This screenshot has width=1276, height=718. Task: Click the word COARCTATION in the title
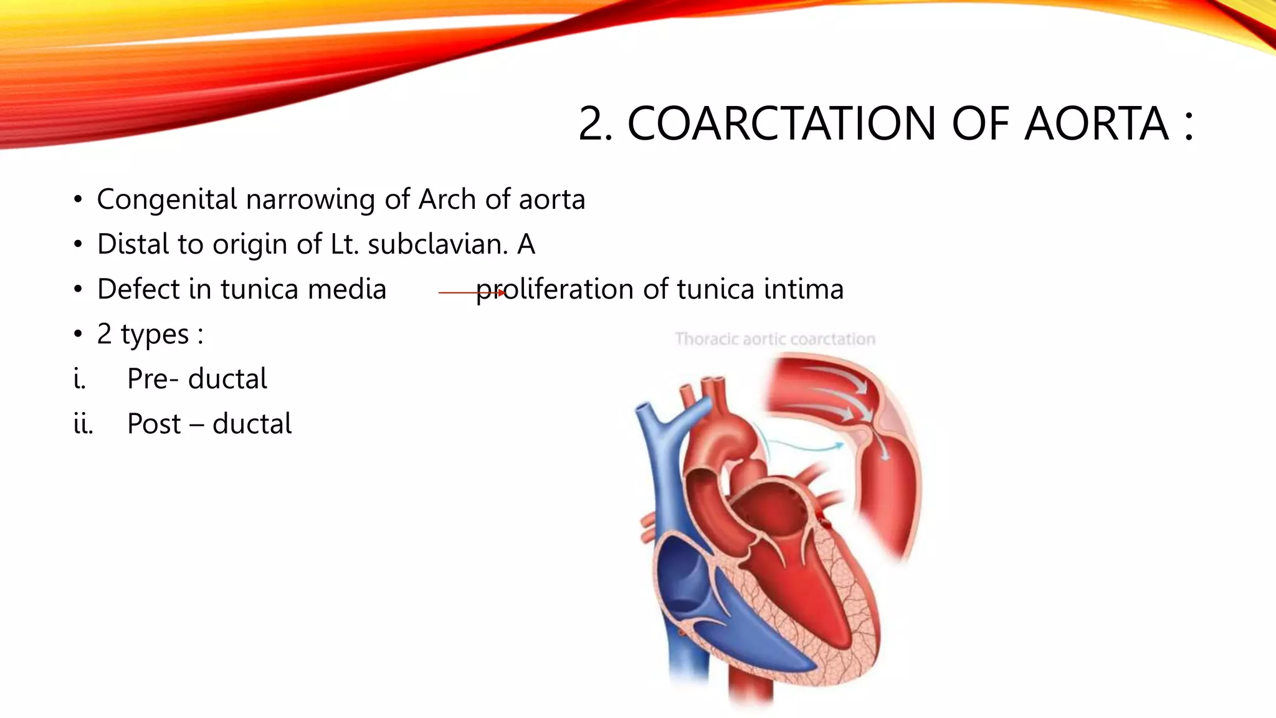click(781, 123)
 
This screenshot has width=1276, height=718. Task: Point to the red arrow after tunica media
click(472, 292)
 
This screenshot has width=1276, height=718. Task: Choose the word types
click(155, 335)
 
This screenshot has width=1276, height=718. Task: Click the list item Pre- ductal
click(197, 379)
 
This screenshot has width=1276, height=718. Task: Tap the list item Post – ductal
click(209, 424)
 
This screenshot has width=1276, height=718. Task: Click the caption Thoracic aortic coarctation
click(775, 339)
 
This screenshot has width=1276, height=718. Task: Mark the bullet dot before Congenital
click(77, 200)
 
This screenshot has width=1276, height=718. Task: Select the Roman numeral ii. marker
click(83, 424)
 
